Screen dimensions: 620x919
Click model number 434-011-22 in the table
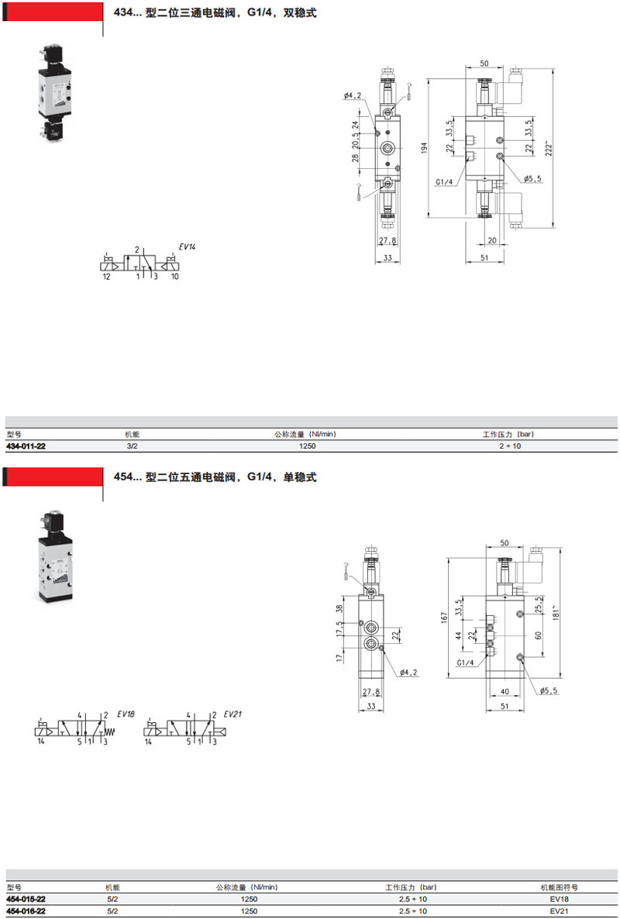coord(26,446)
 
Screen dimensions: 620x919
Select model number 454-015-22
coord(26,899)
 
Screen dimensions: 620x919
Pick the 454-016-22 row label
coord(26,910)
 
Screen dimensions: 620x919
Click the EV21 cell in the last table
coord(559,910)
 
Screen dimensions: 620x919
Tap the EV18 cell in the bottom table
coord(559,899)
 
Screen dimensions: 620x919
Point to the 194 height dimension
coord(424,148)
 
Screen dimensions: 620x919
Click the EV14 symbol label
coord(188,246)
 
